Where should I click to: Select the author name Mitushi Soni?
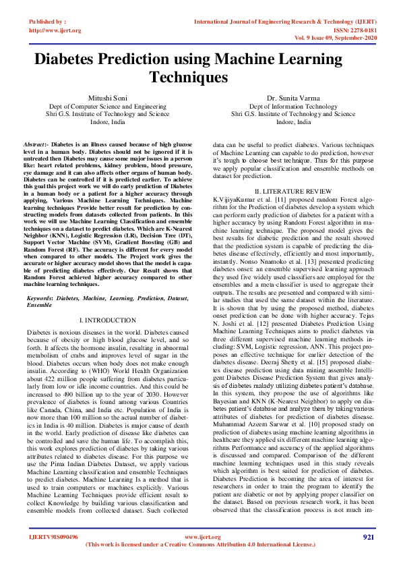[x=107, y=98]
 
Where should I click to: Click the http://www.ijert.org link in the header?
[x=55, y=30]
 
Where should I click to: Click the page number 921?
[x=368, y=537]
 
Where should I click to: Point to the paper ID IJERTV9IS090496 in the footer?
[x=53, y=537]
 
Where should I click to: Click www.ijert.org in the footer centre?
[x=199, y=537]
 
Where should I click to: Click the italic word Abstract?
[x=35, y=144]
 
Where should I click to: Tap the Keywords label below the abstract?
[x=40, y=297]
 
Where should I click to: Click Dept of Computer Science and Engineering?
[x=107, y=107]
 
